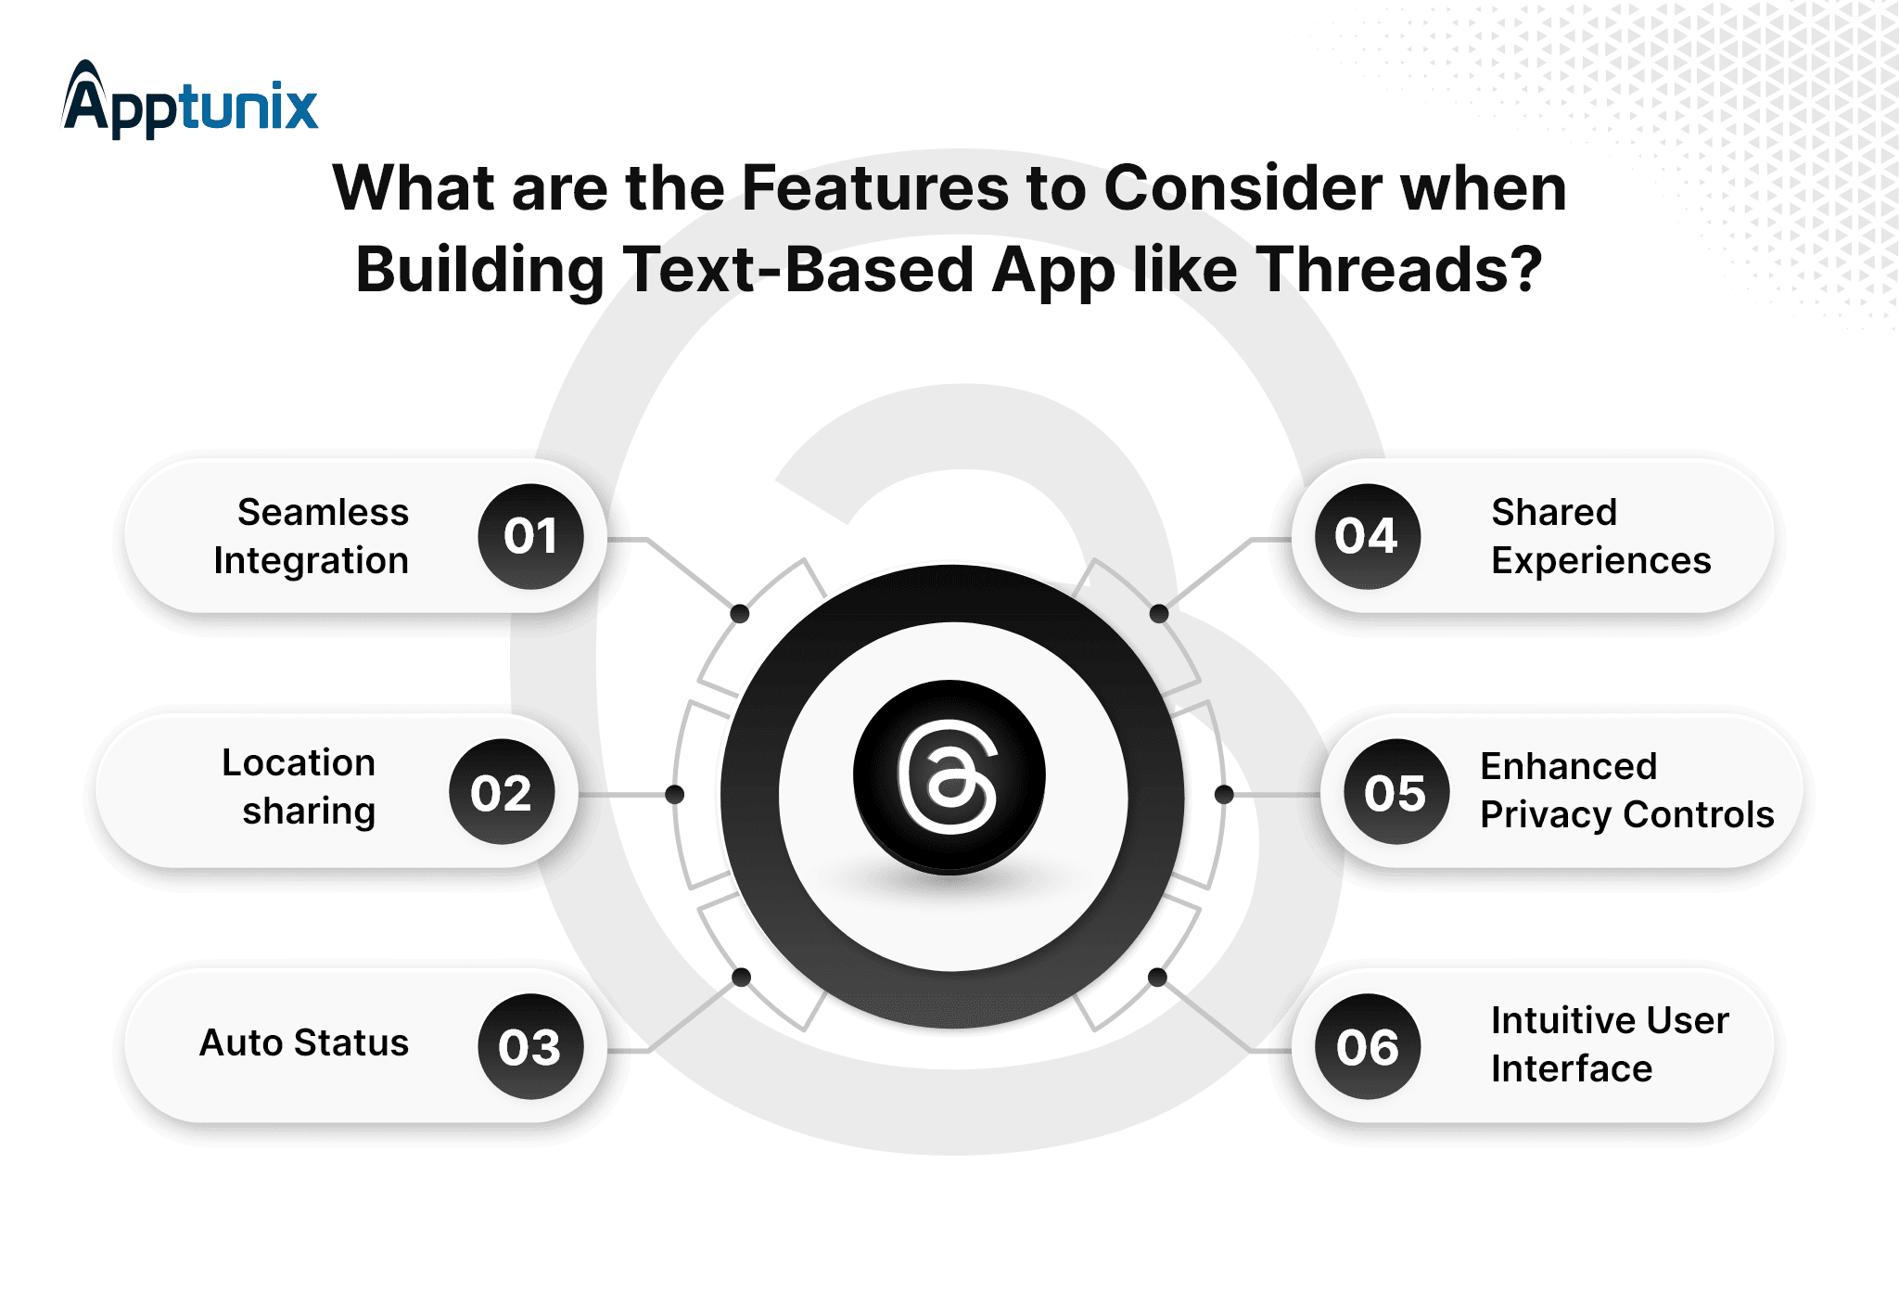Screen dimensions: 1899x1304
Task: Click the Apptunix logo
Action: tap(190, 100)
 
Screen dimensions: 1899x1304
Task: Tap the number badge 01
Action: tap(530, 536)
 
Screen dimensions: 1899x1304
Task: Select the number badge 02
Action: tap(502, 792)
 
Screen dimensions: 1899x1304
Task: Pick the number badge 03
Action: tap(530, 1047)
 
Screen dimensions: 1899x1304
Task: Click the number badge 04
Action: tap(1368, 536)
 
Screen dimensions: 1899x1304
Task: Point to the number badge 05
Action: tap(1396, 792)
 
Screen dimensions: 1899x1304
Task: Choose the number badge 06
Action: tap(1368, 1047)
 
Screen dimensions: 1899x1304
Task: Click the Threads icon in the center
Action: tap(949, 777)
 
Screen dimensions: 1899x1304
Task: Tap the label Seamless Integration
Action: tap(312, 536)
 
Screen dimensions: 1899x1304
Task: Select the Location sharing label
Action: tap(299, 786)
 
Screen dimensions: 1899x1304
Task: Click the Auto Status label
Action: tap(304, 1043)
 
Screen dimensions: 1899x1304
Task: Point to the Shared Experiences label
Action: tap(1600, 536)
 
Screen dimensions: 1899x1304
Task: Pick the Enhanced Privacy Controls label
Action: tap(1626, 790)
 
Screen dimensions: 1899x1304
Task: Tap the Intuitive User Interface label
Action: tap(1610, 1044)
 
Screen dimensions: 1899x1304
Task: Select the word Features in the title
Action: tap(875, 188)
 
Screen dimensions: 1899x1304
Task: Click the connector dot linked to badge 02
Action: tap(675, 794)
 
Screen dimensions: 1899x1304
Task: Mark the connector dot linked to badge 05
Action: tap(1224, 794)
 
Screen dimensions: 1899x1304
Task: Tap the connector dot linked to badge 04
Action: tap(1159, 613)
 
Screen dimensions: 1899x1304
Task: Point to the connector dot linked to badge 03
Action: tap(742, 977)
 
